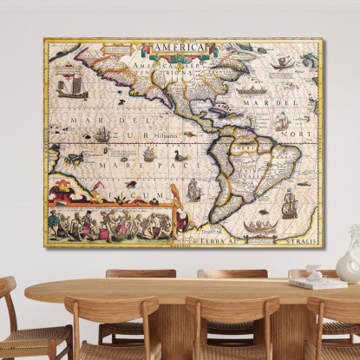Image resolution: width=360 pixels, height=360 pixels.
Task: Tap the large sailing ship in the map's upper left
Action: pos(72,87)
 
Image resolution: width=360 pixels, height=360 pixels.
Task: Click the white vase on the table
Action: pos(348,266)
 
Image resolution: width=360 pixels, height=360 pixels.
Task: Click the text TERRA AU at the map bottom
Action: pos(231,235)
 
